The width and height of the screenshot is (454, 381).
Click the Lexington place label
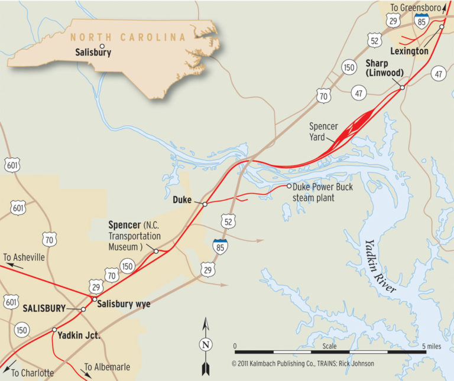pyautogui.click(x=409, y=51)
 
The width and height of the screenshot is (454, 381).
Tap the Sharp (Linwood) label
pyautogui.click(x=384, y=68)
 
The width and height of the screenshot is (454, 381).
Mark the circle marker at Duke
pyautogui.click(x=205, y=204)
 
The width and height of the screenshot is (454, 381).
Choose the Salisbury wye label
pyautogui.click(x=124, y=304)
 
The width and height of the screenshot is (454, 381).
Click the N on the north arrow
pyautogui.click(x=205, y=346)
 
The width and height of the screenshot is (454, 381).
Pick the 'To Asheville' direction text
pyautogui.click(x=24, y=258)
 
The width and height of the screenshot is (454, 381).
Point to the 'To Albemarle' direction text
pyautogui.click(x=107, y=367)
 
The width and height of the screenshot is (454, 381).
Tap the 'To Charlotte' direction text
pyautogui.click(x=32, y=373)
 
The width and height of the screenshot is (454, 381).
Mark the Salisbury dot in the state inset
pyautogui.click(x=102, y=45)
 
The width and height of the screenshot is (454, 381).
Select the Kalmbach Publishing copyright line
pyautogui.click(x=303, y=363)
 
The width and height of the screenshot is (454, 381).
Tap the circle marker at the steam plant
pyautogui.click(x=289, y=186)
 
